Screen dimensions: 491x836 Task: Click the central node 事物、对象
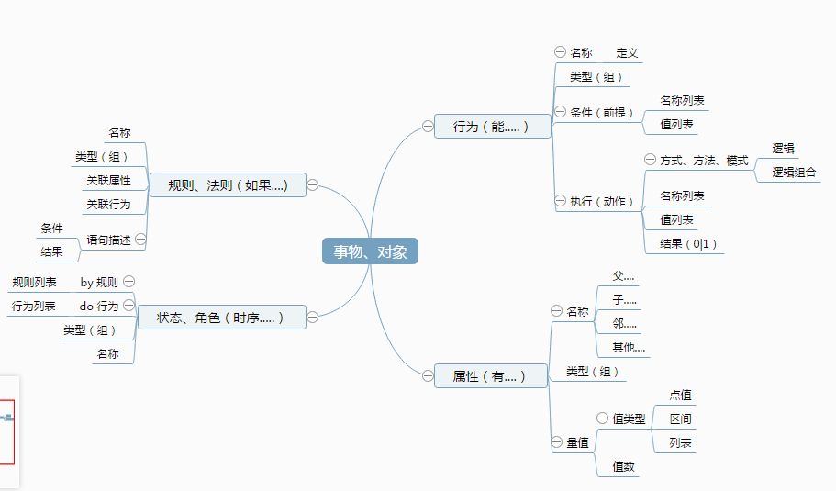point(370,251)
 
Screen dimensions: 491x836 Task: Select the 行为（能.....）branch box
point(493,127)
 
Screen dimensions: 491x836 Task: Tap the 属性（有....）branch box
point(491,375)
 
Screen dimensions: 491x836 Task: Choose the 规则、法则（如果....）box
point(228,185)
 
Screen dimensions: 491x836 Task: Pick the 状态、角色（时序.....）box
point(221,318)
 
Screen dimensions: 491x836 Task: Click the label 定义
point(627,53)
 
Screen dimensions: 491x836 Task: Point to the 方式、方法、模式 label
point(704,161)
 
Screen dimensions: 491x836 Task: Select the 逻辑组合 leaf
point(794,172)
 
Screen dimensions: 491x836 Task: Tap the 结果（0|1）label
point(688,243)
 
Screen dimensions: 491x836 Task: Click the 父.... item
point(624,276)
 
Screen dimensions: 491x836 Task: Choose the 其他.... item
point(629,347)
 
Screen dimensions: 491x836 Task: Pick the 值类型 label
point(629,419)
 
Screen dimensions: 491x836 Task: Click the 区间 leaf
point(680,419)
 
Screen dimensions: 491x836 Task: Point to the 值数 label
point(624,466)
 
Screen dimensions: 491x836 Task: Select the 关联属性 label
point(109,180)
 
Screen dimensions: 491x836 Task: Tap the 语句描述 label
point(109,240)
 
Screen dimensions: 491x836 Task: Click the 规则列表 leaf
point(34,283)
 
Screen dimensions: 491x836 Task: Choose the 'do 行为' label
point(98,306)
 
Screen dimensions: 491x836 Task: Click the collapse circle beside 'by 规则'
point(129,281)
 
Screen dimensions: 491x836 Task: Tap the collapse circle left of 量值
point(557,442)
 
